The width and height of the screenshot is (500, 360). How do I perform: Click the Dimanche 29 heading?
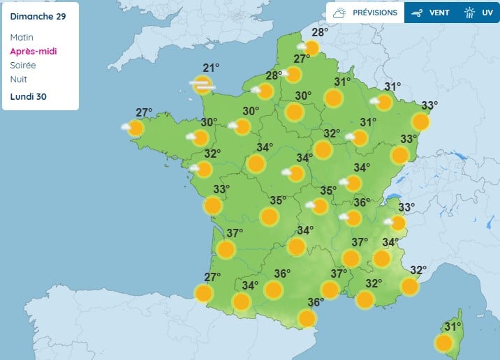coord(38,17)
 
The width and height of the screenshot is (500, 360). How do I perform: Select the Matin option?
coord(22,38)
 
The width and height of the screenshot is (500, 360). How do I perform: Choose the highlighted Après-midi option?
coord(34,52)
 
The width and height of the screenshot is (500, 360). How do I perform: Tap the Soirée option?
coord(24,66)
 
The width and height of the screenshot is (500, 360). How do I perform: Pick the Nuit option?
coord(19,80)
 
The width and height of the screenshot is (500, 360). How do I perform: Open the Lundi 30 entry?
coord(29,96)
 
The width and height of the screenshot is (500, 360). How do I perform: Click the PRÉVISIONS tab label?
coord(375,13)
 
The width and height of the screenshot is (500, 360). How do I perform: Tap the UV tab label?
coord(487,13)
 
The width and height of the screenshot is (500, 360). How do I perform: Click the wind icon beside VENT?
coord(418,13)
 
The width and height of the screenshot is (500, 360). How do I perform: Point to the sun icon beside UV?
coord(470,13)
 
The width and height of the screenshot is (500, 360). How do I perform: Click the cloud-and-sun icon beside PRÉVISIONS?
coord(340,13)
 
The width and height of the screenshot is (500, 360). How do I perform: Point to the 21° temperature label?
coord(211,68)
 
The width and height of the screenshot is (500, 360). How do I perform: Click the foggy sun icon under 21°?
coord(202,85)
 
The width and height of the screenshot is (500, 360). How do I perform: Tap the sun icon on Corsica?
coord(443,343)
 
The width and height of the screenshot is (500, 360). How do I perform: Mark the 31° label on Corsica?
coord(454,327)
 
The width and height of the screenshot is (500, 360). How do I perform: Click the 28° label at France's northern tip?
coord(320,32)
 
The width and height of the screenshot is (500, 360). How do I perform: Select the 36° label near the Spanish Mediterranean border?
coord(316,302)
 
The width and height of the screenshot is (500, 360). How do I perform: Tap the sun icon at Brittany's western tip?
coord(135,128)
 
